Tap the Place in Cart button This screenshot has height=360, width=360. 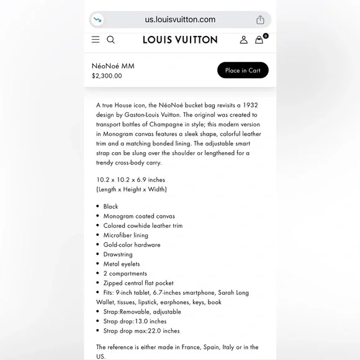[243, 70]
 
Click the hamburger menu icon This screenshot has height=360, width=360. [96, 40]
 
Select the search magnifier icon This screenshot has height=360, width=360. [110, 40]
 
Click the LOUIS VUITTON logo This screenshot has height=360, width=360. [180, 40]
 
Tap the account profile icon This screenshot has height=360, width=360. [243, 40]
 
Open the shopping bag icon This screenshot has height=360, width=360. [259, 40]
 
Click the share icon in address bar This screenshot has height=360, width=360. [260, 20]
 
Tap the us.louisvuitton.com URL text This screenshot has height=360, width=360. [180, 19]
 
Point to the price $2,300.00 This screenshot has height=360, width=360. [107, 76]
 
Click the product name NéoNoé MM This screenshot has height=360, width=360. [113, 66]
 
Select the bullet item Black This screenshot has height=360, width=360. [110, 207]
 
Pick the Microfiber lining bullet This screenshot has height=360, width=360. [125, 235]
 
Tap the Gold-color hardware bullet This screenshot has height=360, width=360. [132, 245]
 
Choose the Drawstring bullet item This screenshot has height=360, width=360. [118, 254]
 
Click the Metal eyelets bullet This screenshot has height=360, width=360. [122, 264]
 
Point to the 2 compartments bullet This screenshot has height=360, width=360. [125, 273]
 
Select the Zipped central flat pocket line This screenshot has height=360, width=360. [138, 283]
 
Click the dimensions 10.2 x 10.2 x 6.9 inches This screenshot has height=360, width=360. [130, 180]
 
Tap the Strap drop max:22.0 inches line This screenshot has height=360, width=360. [142, 331]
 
